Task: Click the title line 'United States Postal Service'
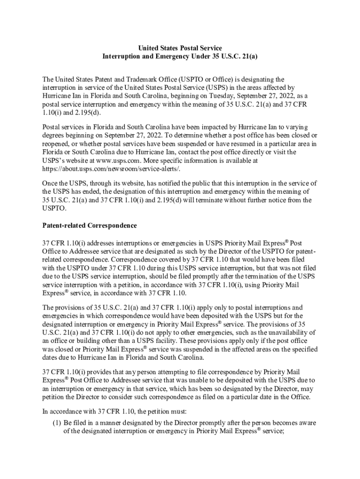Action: pyautogui.click(x=180, y=48)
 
